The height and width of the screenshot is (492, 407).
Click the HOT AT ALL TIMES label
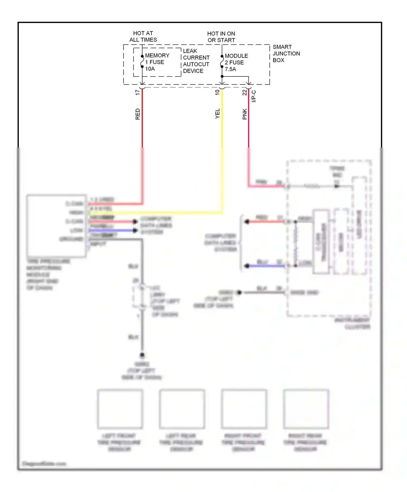[143, 36]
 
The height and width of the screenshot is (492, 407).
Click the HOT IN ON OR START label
[221, 37]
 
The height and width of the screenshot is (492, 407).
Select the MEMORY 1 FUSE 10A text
[157, 62]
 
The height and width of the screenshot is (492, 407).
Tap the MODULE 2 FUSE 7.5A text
[236, 62]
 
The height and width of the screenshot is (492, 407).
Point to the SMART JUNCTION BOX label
[286, 53]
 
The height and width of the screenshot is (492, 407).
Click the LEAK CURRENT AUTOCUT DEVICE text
[196, 61]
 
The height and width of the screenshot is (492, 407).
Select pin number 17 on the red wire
[138, 92]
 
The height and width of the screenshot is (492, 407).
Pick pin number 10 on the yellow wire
[217, 92]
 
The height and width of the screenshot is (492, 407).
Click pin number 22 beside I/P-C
[244, 92]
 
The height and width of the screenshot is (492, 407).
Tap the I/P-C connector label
[254, 96]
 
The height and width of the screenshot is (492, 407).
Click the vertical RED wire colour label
[138, 114]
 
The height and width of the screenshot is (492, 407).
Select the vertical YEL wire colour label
[217, 114]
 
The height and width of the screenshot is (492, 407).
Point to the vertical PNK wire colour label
[244, 114]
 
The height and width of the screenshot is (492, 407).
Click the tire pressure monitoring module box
[56, 226]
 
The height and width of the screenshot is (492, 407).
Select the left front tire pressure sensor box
[120, 409]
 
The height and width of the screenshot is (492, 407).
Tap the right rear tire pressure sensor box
[306, 409]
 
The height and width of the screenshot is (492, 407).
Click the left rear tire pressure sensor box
[182, 409]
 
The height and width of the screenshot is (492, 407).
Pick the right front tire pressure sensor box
[244, 409]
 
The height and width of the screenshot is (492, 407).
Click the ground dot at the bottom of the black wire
[142, 355]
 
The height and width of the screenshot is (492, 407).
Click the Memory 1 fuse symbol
[142, 62]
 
